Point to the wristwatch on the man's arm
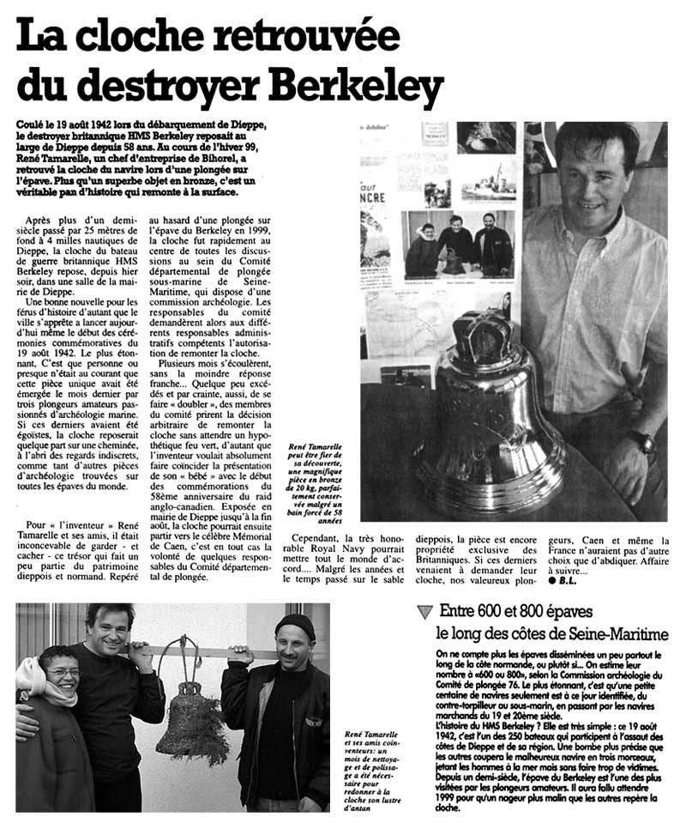click(642, 441)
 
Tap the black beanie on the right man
click(295, 625)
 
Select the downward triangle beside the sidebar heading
click(424, 613)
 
